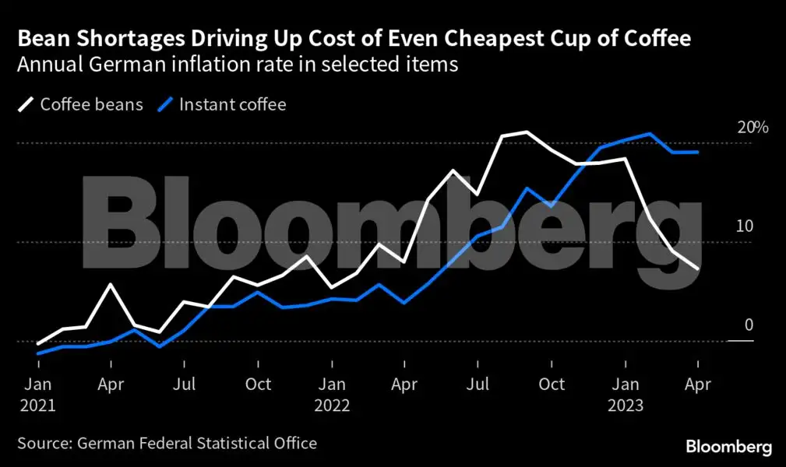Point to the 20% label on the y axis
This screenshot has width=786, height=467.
pyautogui.click(x=753, y=128)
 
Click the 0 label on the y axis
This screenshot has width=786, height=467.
pyautogui.click(x=749, y=325)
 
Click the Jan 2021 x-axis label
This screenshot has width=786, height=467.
pyautogui.click(x=38, y=395)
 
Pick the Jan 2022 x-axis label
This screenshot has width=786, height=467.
pyautogui.click(x=332, y=395)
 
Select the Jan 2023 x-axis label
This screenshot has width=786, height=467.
pyautogui.click(x=625, y=395)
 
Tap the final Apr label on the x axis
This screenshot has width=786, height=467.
pyautogui.click(x=697, y=384)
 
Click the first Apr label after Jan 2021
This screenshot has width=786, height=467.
pyautogui.click(x=111, y=384)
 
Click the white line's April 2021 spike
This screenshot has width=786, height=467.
pyautogui.click(x=111, y=285)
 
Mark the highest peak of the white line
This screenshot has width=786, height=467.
pyautogui.click(x=527, y=132)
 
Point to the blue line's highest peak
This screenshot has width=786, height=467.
pyautogui.click(x=650, y=134)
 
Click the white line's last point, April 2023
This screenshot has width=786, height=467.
pyautogui.click(x=697, y=269)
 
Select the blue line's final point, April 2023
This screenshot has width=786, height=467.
pyautogui.click(x=697, y=153)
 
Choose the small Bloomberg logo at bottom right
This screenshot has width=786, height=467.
pyautogui.click(x=728, y=447)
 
